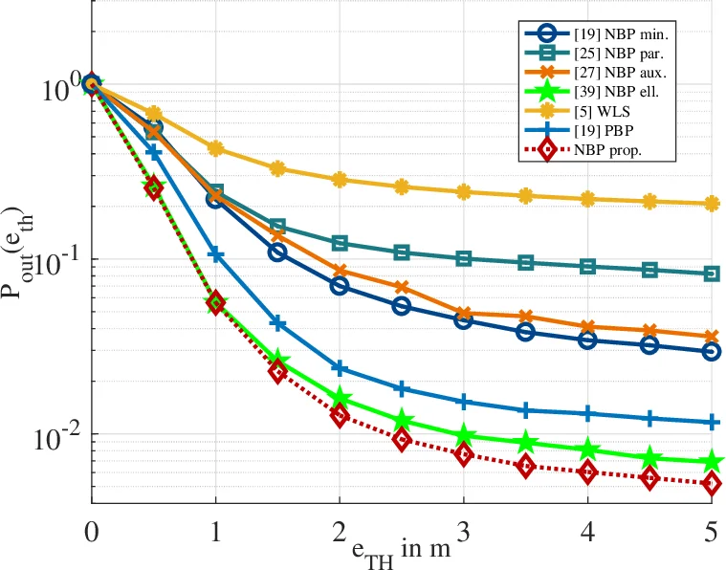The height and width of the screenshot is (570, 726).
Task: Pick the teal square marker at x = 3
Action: tap(464, 259)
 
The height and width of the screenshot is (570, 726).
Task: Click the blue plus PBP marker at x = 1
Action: tap(215, 254)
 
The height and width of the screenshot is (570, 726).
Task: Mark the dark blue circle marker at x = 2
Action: tap(340, 286)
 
